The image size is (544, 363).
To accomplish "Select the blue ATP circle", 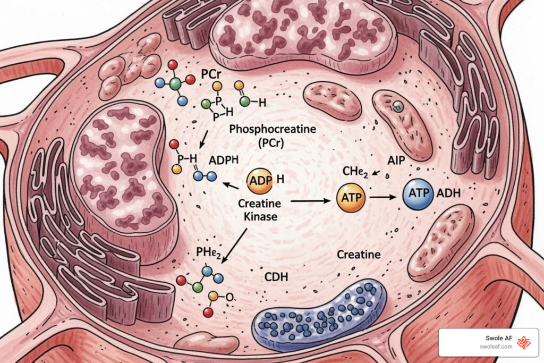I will click(x=419, y=195).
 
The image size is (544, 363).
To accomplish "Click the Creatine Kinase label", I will click(x=260, y=210).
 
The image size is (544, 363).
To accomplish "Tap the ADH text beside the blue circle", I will click(x=448, y=193).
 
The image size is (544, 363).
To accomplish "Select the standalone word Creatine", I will click(x=359, y=255).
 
